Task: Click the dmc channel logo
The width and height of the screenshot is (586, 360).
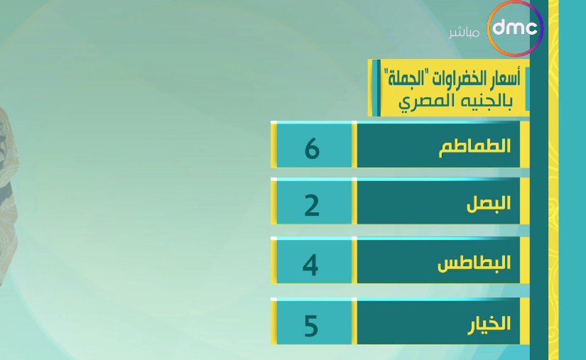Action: pos(516,28)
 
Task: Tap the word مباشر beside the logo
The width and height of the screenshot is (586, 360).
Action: pos(464,33)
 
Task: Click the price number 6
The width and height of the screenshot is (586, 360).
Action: pos(312,148)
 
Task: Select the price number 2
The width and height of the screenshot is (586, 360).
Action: pos(312,206)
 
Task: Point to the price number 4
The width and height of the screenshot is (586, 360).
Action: pos(310,265)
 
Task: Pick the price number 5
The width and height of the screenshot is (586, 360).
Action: pos(311,326)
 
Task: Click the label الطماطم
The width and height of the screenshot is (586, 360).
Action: pos(474,146)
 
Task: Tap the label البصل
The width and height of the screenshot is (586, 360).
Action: pos(489,204)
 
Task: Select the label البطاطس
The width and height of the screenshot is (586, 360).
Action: pos(474,263)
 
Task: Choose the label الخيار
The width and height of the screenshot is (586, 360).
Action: pos(489,323)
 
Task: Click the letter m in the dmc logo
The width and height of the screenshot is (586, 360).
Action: pos(516,28)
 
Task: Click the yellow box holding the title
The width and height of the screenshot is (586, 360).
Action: pos(448,88)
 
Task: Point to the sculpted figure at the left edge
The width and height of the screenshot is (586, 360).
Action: pos(9,194)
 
